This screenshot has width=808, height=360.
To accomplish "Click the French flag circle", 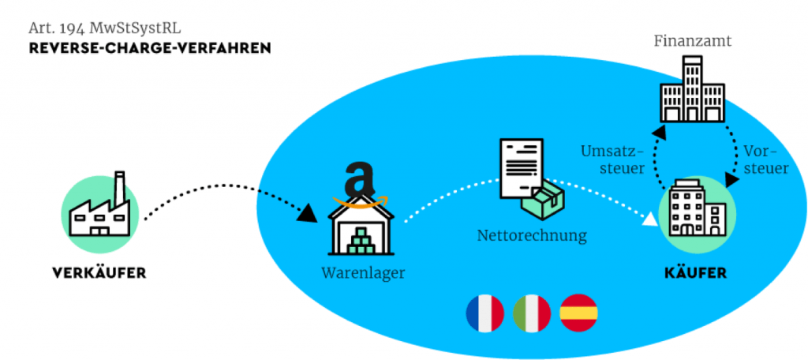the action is pos(485,313).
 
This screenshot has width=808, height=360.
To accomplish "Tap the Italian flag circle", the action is pos(532,313).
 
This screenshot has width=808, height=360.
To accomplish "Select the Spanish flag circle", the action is pos(578,313).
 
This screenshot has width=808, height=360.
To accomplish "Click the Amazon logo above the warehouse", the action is pos(361,186).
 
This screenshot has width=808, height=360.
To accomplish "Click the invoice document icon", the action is pos(522,169).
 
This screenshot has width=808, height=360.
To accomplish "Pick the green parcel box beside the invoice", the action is pos(543,200).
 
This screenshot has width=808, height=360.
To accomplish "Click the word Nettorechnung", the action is pos(532,236).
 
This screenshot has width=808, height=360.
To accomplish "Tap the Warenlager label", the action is pos(363,272).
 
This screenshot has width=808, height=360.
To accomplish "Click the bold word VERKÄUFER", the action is pos(99,272).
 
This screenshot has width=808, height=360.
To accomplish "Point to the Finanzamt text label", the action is pos(693,41).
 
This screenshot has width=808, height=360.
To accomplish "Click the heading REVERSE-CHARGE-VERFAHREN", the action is pos(150,48).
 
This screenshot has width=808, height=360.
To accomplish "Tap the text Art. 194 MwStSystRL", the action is pos(105,28).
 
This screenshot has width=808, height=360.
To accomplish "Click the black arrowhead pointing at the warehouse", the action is pos(309,212).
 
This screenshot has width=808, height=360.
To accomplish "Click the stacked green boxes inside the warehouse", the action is pos(361,242).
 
